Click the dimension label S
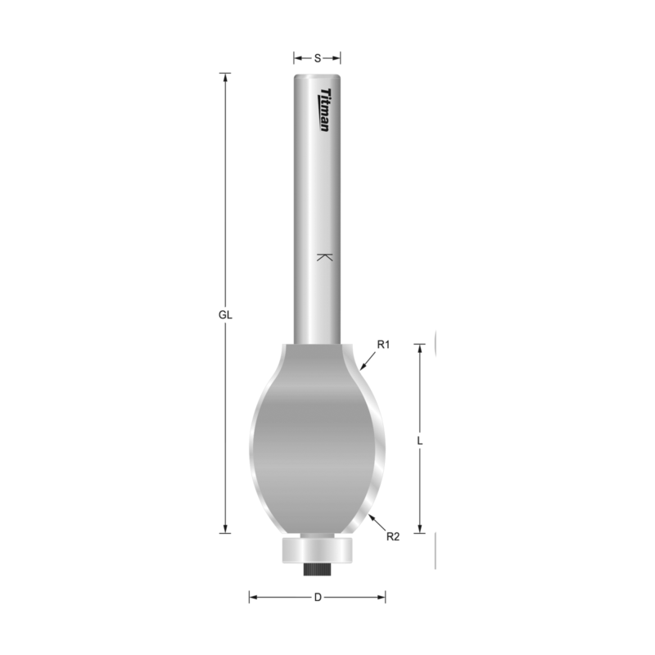[x=318, y=58]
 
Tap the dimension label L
[x=420, y=440]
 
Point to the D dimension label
[x=318, y=597]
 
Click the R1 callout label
[x=382, y=345]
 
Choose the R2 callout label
[x=392, y=537]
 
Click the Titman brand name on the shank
[x=324, y=110]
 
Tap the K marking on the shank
[x=323, y=257]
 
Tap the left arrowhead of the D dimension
[x=253, y=597]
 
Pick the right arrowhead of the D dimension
[x=382, y=597]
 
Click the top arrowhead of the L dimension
[x=420, y=348]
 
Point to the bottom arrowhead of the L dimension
[x=420, y=529]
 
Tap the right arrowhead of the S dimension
[x=337, y=58]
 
